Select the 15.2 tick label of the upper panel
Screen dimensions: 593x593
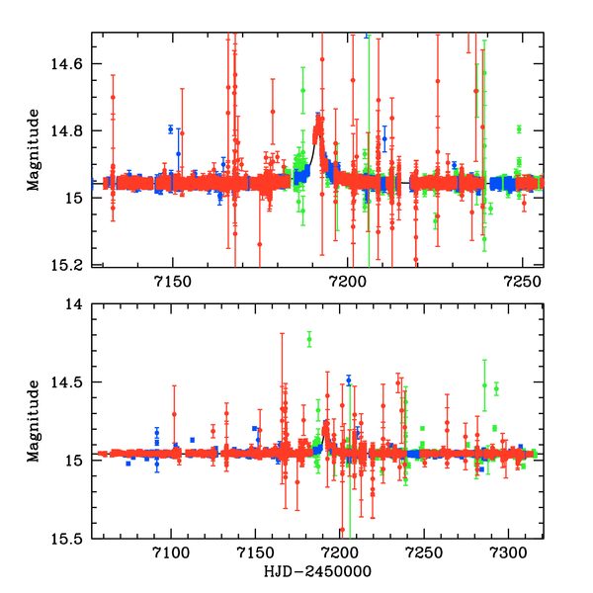click(71, 265)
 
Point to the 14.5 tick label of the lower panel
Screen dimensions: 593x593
click(71, 382)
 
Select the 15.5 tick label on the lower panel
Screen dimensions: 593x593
click(71, 538)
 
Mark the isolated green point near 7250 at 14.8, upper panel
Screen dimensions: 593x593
click(519, 129)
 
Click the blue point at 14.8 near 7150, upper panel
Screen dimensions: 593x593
click(171, 129)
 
